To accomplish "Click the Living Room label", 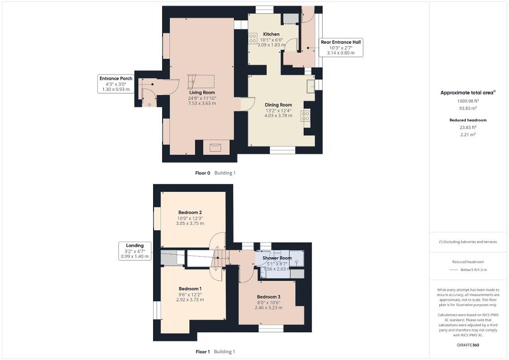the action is click(202, 92).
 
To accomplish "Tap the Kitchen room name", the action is click(271, 34).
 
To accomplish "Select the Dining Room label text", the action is click(278, 105).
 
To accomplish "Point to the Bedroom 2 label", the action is click(190, 212).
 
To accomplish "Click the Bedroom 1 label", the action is click(190, 288).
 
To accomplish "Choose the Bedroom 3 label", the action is click(268, 297).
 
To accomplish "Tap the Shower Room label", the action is click(277, 258).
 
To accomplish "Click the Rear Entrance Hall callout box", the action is click(341, 47).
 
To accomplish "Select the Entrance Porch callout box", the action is click(116, 84).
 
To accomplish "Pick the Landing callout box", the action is click(135, 251).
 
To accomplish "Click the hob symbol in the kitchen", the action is click(253, 38).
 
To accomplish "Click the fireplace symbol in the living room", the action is click(215, 148).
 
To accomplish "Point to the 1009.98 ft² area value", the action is click(468, 101).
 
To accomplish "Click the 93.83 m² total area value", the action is click(468, 108).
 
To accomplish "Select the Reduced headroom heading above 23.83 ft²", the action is click(468, 120).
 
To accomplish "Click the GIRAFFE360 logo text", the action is click(468, 345).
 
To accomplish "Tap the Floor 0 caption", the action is click(203, 173).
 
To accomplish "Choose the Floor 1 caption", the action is click(203, 352).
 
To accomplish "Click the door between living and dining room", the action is click(248, 104).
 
